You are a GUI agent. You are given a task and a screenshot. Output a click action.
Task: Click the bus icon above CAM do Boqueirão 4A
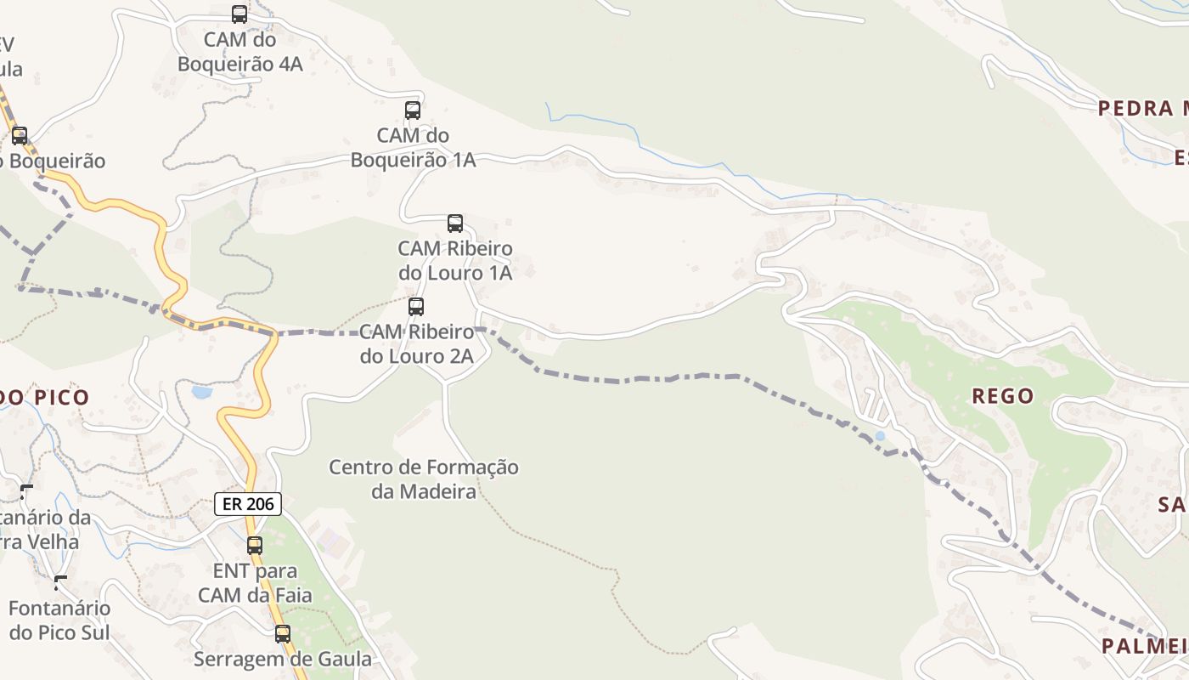click(x=239, y=14)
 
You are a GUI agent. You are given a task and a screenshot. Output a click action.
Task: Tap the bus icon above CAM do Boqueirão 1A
click(x=413, y=110)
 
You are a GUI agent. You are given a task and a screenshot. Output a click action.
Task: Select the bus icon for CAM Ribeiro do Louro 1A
click(x=455, y=224)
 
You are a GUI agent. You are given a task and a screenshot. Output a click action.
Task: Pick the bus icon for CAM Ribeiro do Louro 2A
click(x=416, y=307)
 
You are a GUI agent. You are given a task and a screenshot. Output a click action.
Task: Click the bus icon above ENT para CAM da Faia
click(x=255, y=546)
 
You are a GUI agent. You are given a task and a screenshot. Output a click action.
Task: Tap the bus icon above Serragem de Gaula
click(x=283, y=634)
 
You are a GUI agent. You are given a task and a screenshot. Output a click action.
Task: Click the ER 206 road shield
click(x=247, y=504)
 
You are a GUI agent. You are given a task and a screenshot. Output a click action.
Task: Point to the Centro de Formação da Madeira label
click(x=424, y=479)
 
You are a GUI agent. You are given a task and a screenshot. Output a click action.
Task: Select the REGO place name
click(x=1003, y=395)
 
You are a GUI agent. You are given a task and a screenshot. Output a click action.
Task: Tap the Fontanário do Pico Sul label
click(x=59, y=620)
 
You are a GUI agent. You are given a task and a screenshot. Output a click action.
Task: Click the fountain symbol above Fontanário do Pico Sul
click(x=60, y=583)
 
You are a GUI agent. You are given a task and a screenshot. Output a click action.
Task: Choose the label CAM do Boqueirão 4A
click(x=240, y=51)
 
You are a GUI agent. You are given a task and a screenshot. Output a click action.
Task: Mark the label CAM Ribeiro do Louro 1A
click(x=455, y=260)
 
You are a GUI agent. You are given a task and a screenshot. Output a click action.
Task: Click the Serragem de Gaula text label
click(x=283, y=659)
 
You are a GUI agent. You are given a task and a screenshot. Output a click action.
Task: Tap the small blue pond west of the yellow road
click(x=201, y=392)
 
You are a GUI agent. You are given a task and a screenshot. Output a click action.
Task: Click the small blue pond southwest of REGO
click(x=880, y=436)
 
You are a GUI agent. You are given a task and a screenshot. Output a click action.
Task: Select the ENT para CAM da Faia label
click(x=255, y=582)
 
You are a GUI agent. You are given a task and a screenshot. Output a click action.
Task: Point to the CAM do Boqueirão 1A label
click(x=414, y=147)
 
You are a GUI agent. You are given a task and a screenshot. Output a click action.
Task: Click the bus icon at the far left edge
click(x=20, y=136)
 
